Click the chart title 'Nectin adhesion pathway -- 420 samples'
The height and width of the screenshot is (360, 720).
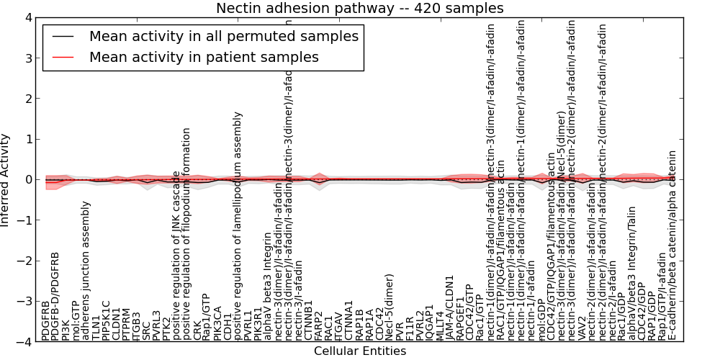360,8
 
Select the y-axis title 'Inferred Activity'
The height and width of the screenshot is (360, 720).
6,179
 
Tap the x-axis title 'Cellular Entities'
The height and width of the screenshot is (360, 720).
360,351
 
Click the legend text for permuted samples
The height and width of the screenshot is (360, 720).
224,36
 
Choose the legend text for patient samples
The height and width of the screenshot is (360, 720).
204,57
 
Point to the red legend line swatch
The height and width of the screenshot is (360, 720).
63,57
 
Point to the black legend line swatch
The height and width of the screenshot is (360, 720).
63,36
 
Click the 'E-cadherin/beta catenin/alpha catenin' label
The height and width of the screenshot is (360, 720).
672,245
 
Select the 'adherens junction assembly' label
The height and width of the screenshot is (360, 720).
86,270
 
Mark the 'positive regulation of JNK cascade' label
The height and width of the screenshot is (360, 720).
176,255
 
